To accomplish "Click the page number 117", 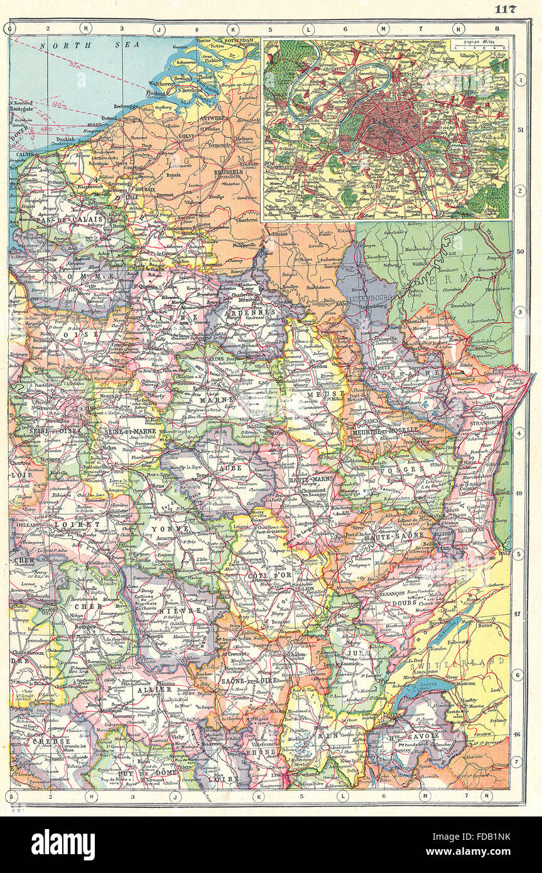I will pyautogui.click(x=505, y=8).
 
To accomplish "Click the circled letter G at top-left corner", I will pyautogui.click(x=9, y=28).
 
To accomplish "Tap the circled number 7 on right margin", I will pyautogui.click(x=519, y=762).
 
